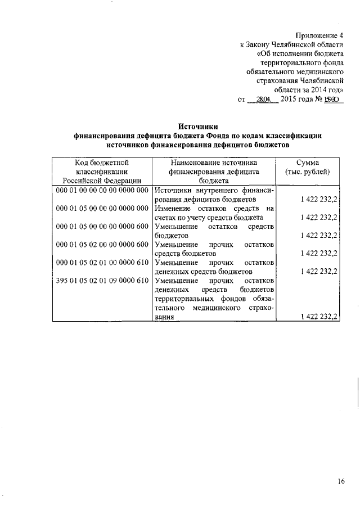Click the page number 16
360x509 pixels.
341,481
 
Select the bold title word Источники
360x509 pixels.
197,126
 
